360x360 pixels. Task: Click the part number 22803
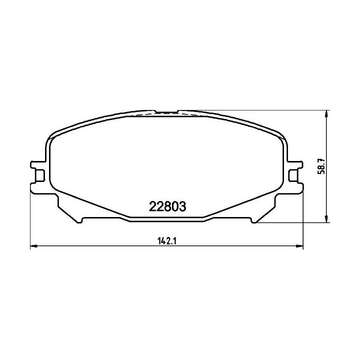tap(167, 206)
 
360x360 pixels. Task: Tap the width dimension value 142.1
tap(167, 241)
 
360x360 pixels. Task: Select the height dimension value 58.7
tap(321, 166)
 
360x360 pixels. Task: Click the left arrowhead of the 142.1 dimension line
tap(34, 246)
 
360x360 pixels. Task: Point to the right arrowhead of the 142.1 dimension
tap(300, 246)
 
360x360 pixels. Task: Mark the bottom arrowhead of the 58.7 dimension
tap(326, 219)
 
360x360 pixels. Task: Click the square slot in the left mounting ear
tap(39, 175)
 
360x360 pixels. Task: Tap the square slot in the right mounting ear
tap(293, 175)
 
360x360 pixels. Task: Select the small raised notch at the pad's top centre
tap(166, 111)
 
